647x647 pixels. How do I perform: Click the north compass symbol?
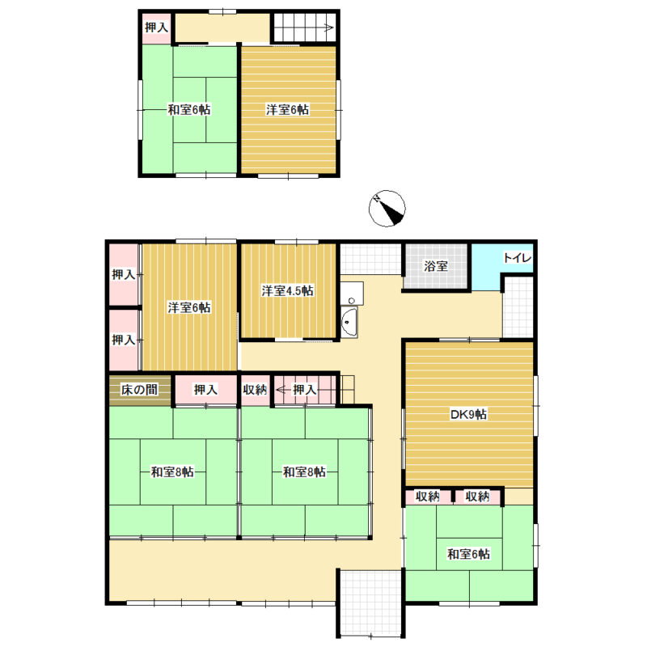point(387,209)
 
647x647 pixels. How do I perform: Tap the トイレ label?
point(517,258)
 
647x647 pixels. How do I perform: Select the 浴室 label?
point(436,266)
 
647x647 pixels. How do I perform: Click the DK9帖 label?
point(468,414)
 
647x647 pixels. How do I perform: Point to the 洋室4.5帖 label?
point(287,290)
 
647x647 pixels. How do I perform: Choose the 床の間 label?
point(139,389)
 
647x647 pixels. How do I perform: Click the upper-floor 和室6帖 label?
point(189,110)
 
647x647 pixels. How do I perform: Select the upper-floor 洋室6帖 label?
point(287,110)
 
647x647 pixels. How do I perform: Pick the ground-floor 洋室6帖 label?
point(189,307)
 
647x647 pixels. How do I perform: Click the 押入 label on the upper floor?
point(156,27)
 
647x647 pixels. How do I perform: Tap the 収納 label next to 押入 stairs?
point(255,389)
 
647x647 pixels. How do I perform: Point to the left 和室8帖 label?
point(172,472)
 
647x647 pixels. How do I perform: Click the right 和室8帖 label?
point(304,472)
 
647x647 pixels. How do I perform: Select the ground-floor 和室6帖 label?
point(469,554)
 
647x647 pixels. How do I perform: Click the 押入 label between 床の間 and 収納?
point(205,389)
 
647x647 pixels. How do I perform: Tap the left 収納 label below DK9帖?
point(428,497)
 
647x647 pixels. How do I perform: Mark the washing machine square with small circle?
point(352,294)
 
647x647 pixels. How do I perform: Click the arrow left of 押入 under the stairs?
point(284,389)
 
